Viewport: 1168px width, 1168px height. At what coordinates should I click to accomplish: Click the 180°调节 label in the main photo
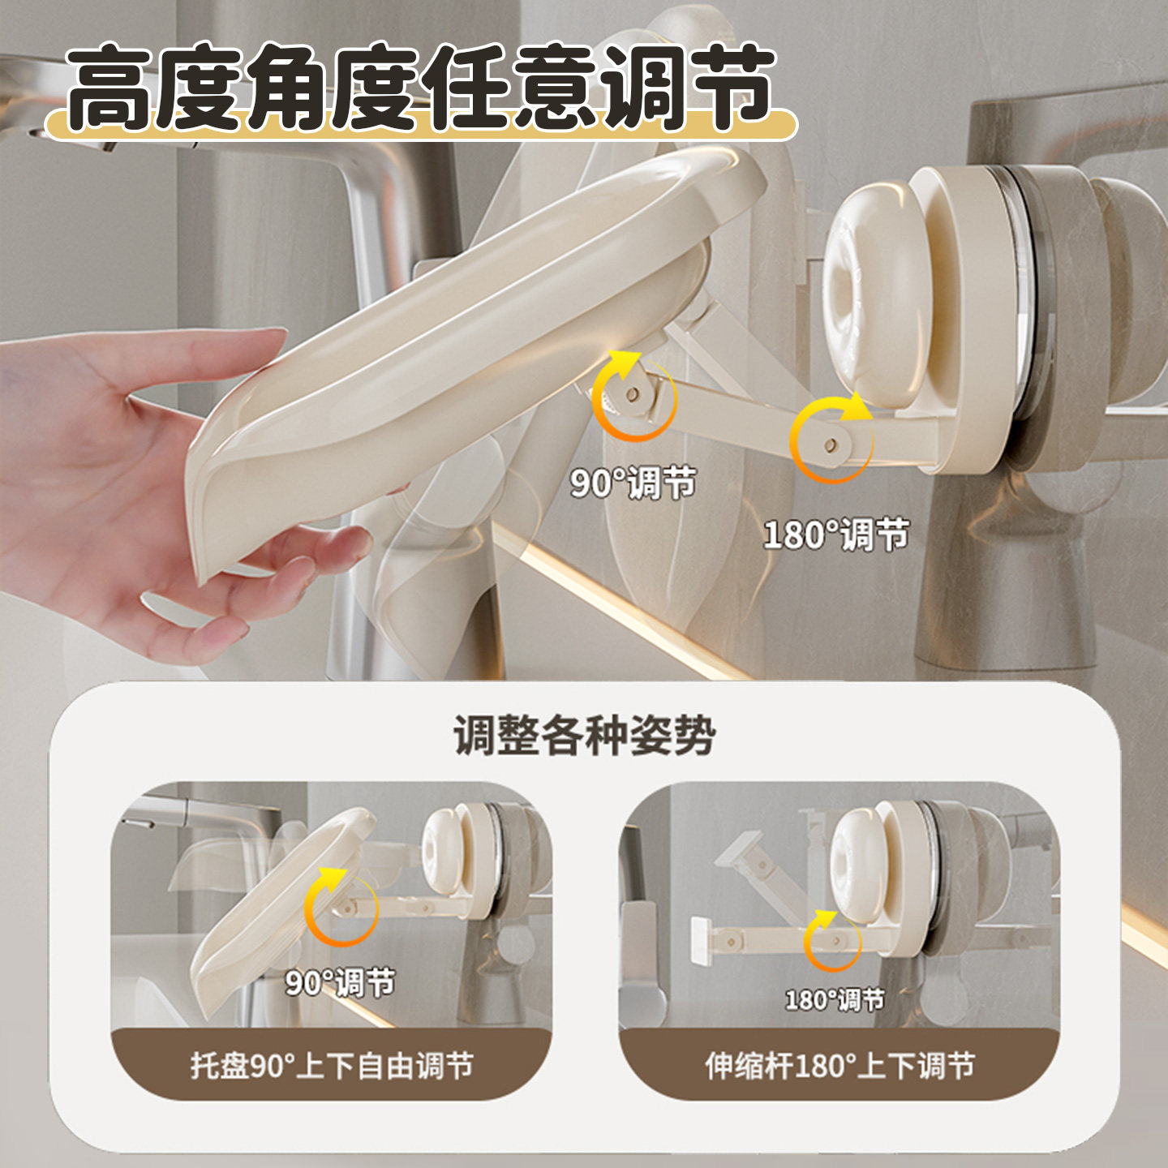tap(835, 535)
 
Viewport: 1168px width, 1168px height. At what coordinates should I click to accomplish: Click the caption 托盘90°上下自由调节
tap(332, 1065)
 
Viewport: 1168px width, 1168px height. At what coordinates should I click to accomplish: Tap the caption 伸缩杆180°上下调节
tap(839, 1065)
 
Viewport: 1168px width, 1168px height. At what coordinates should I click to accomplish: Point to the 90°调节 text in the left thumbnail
tap(340, 982)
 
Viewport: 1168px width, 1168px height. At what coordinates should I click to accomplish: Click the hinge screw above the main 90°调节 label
tap(632, 394)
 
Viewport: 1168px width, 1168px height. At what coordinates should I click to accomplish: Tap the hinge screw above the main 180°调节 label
tap(831, 446)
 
